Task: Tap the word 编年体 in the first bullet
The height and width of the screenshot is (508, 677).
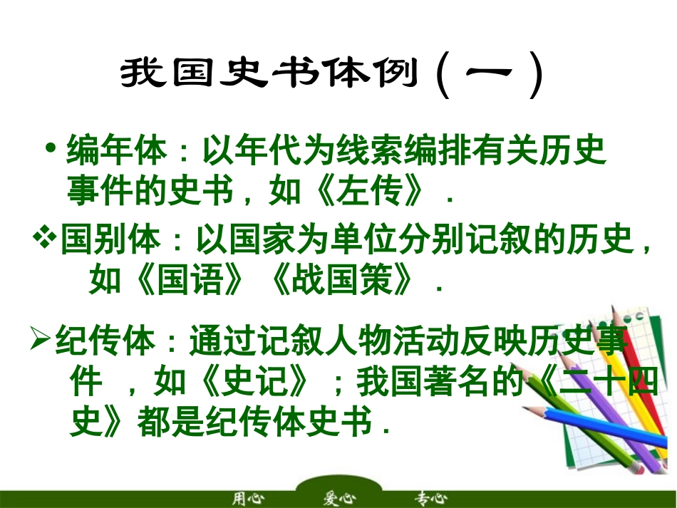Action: pyautogui.click(x=117, y=150)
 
